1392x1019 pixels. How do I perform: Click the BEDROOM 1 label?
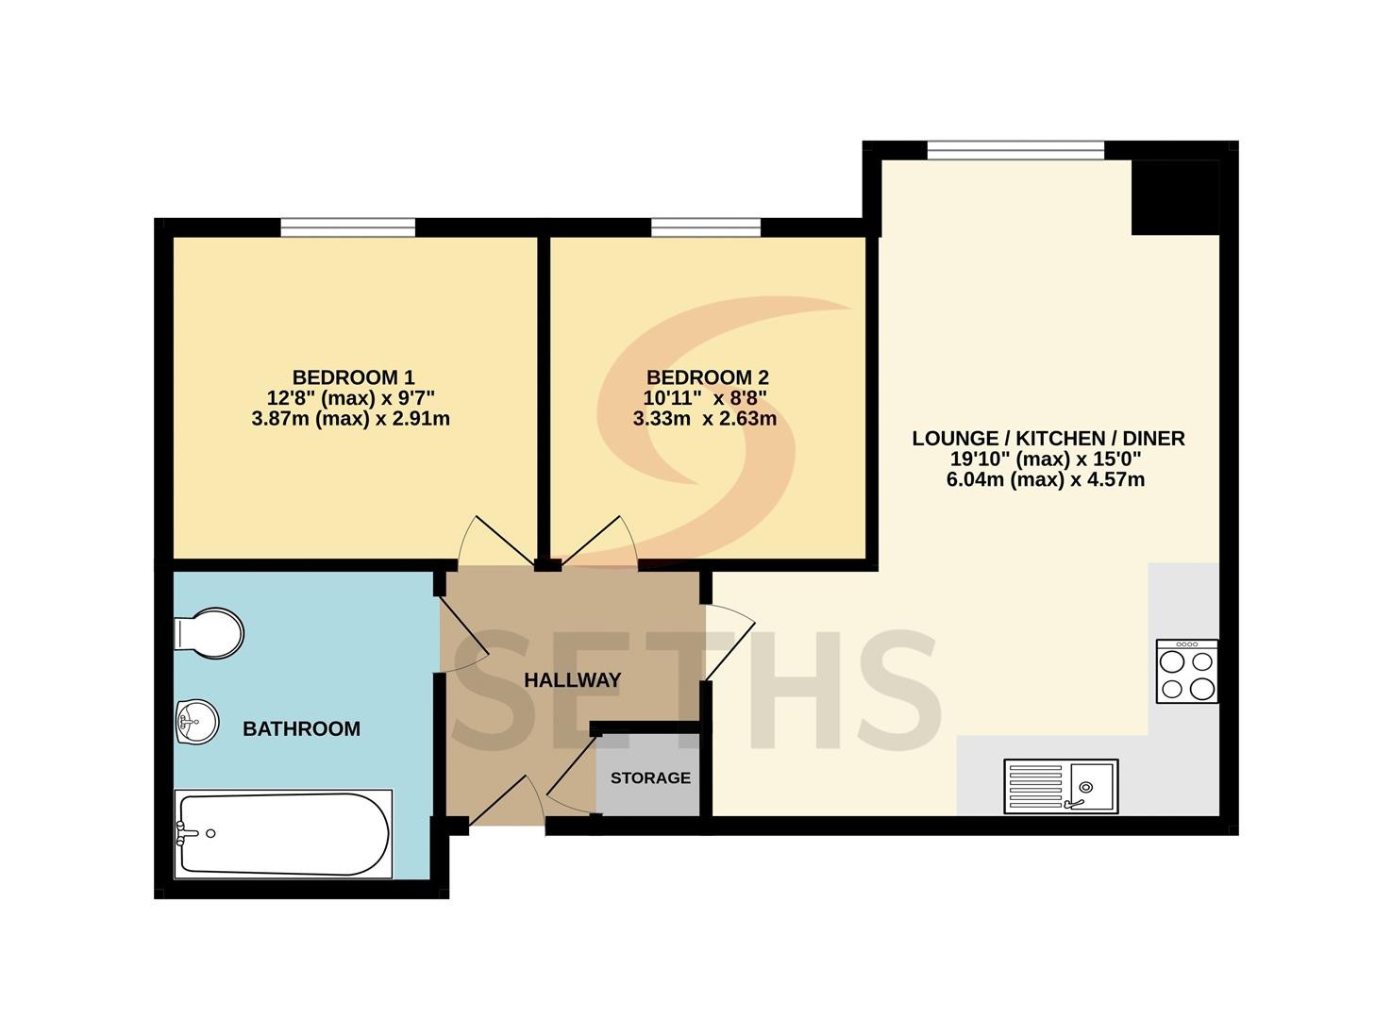click(353, 377)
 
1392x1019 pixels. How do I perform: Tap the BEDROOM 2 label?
click(707, 377)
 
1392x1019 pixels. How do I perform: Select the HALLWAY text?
click(572, 680)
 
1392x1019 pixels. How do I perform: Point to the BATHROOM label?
click(301, 728)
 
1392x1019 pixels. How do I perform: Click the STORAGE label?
click(650, 777)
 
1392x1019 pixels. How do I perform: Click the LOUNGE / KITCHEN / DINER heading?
click(1048, 439)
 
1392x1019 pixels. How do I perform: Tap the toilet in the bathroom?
click(209, 633)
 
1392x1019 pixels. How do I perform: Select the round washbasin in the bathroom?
click(197, 722)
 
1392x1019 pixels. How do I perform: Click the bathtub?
click(283, 834)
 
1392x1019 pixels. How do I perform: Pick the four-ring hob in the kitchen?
click(1187, 672)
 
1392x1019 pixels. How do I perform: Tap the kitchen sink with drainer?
click(1062, 786)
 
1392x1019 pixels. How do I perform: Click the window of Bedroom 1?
click(348, 227)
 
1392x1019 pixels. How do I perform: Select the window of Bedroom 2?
click(706, 227)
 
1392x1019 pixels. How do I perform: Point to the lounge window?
click(1016, 150)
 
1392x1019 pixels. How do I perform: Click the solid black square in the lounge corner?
click(1175, 197)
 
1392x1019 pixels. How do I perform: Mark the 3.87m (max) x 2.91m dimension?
click(350, 419)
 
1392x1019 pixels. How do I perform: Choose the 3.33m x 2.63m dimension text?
click(705, 419)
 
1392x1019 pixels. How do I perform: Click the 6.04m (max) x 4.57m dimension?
click(1046, 479)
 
